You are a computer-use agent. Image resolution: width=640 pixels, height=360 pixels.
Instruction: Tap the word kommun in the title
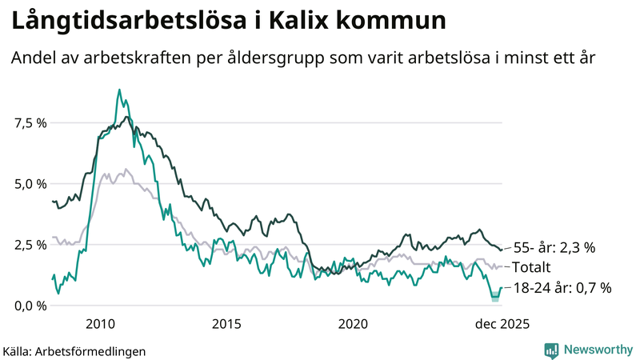pyautogui.click(x=391, y=22)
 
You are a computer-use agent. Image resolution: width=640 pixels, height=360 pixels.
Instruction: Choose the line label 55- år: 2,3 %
pyautogui.click(x=554, y=248)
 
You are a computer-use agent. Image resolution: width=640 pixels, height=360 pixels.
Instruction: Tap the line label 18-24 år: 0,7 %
pyautogui.click(x=562, y=287)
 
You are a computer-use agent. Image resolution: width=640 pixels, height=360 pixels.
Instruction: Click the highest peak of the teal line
pyautogui.click(x=119, y=90)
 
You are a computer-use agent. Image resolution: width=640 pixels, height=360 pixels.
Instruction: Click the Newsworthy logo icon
pyautogui.click(x=551, y=350)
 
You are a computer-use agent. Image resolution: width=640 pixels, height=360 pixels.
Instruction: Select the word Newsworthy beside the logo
pyautogui.click(x=596, y=350)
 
